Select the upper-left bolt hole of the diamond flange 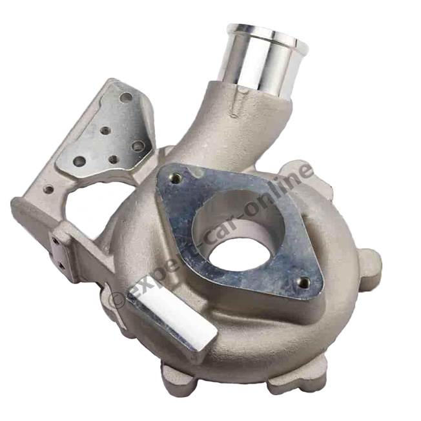coord(175,178)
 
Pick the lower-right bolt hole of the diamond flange coord(303,282)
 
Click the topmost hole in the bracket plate coord(126,97)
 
